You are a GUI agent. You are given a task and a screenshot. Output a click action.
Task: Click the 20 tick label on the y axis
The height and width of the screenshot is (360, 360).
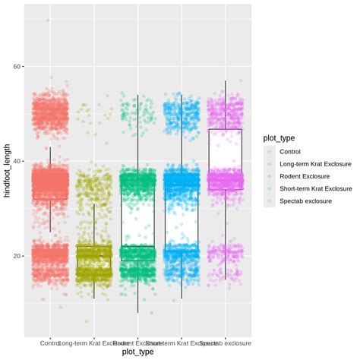click(17, 257)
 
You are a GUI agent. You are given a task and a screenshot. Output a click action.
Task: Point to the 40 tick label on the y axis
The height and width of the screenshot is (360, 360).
click(17, 162)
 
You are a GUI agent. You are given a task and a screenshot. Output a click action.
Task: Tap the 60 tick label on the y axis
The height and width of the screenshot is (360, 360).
click(17, 67)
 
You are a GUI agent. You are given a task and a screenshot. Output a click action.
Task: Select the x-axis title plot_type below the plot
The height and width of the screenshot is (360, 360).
click(137, 352)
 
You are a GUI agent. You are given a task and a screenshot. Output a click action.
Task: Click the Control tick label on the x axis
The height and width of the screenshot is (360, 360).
click(49, 343)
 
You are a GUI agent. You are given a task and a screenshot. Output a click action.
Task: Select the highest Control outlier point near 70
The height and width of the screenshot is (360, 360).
click(49, 21)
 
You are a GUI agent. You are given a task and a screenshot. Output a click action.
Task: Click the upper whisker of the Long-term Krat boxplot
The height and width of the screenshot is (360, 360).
click(93, 224)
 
